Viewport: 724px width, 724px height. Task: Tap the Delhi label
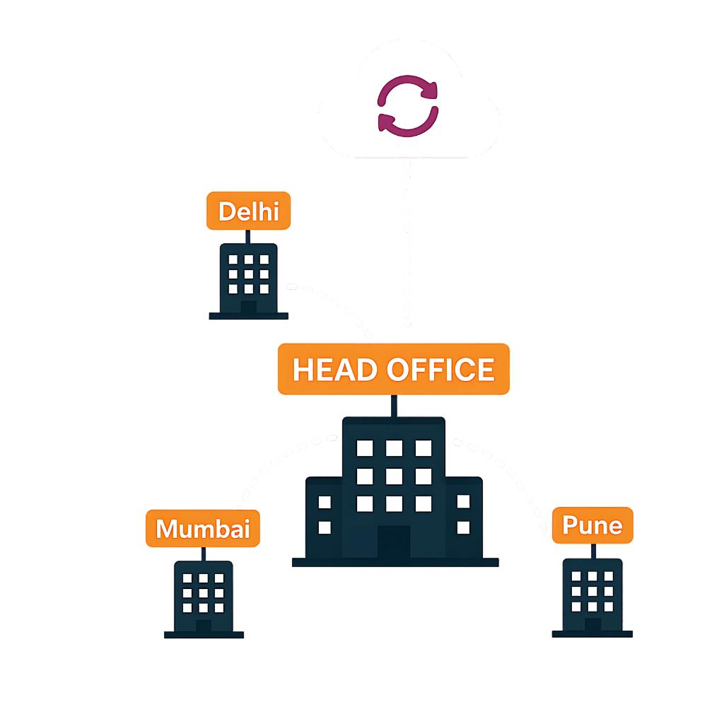(x=248, y=211)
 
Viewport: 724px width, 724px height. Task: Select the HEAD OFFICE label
(x=393, y=369)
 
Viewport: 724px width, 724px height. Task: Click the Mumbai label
(x=203, y=528)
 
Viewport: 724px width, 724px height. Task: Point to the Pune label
(x=592, y=525)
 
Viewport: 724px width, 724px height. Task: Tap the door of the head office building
(x=394, y=542)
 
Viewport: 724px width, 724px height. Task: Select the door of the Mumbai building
(x=204, y=626)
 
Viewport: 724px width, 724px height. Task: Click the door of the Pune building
(x=593, y=625)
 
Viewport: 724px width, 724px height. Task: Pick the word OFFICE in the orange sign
(x=440, y=369)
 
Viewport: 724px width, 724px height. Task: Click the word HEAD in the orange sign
(x=334, y=369)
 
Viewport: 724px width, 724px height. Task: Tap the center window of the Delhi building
(x=248, y=274)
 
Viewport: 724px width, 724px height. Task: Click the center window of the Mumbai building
(x=203, y=593)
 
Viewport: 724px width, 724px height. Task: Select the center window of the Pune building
(x=592, y=591)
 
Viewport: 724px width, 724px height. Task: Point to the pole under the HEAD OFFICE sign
(x=394, y=406)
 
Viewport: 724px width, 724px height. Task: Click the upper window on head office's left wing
(x=325, y=502)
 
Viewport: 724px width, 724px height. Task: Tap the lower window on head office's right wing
(x=463, y=527)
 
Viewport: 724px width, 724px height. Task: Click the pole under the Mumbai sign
(x=203, y=554)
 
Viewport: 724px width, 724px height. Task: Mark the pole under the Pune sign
(x=593, y=551)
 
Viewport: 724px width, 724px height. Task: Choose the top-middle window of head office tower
(x=394, y=448)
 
